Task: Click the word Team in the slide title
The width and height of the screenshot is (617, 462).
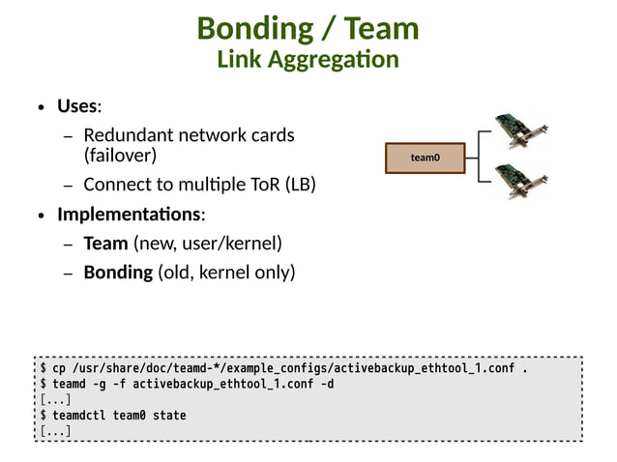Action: (x=377, y=29)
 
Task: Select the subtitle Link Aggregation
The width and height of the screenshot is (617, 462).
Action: (x=308, y=60)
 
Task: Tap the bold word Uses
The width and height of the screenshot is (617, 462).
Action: (x=77, y=105)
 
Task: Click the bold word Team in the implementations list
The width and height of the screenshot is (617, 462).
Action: (x=105, y=243)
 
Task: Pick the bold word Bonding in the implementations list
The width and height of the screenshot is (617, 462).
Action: (x=118, y=272)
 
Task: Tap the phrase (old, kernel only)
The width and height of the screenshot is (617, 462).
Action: (x=226, y=272)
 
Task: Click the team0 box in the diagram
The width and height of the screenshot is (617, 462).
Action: (x=425, y=158)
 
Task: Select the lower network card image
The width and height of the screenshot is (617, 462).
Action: (x=520, y=180)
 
